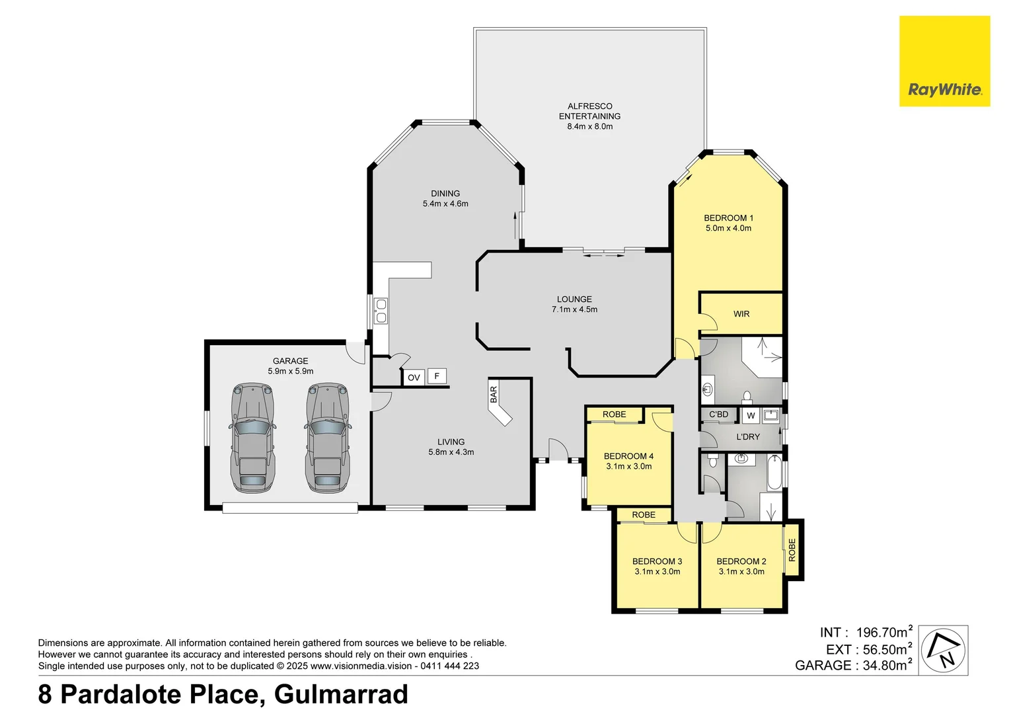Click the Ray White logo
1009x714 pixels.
944,61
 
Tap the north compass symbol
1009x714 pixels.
944,650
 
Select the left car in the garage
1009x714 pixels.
252,438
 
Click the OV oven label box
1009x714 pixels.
414,377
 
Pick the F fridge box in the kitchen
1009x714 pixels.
437,376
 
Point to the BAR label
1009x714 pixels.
494,395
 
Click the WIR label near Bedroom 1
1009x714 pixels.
741,314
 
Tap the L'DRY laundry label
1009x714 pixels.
748,437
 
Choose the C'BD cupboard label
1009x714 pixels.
718,415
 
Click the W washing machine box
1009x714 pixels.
751,416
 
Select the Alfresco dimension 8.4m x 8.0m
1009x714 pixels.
589,126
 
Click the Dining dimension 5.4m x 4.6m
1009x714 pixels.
445,204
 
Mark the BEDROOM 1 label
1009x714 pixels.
728,218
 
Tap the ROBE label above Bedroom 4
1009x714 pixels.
614,415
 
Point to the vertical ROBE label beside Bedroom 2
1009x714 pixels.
792,550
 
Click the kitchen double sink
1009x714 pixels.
381,311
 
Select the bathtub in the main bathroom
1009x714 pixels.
774,473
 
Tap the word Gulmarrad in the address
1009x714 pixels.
341,694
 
